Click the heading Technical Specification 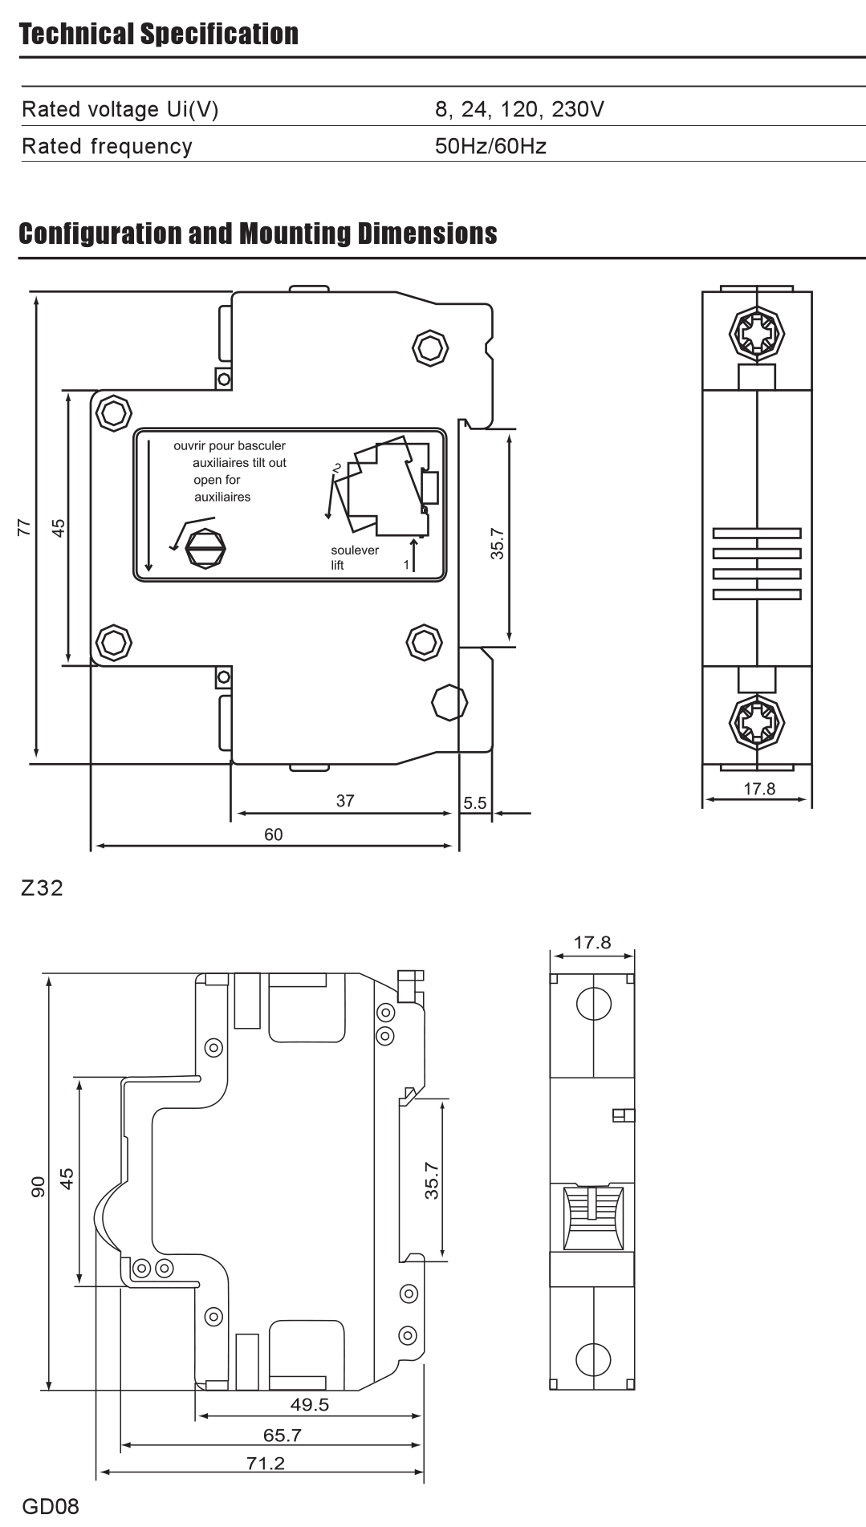coord(159,34)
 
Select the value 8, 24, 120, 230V coord(519,109)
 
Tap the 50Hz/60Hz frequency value coord(490,146)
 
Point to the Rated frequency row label coord(108,146)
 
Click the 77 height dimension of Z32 coord(24,527)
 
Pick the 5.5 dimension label coord(475,802)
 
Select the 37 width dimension coord(345,800)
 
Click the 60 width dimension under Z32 coord(274,835)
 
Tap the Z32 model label coord(43,888)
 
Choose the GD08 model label coord(51,1505)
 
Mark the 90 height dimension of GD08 coord(38,1188)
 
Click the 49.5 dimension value coord(310,1404)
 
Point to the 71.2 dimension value coord(266,1463)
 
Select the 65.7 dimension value coord(283,1434)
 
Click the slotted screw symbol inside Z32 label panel coord(205,550)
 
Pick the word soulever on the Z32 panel coord(355,550)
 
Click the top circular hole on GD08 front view coord(593,1003)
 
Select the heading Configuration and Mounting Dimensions coord(258,234)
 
